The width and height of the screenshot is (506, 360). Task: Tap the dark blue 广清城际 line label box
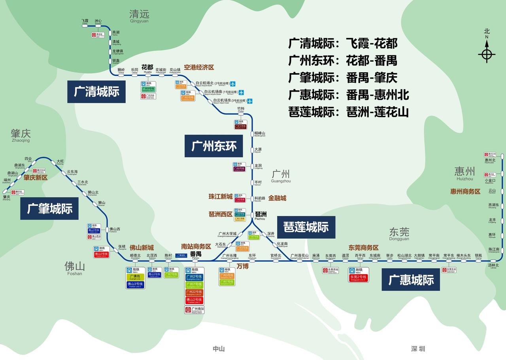[x=96, y=92]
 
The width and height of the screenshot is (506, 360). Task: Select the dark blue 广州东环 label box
[x=214, y=146]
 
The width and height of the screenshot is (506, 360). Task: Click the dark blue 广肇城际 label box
[x=49, y=208]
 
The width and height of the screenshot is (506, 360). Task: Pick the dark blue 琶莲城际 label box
[x=306, y=227]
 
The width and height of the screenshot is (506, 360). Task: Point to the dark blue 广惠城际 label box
[x=411, y=279]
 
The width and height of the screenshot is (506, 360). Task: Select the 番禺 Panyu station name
[x=196, y=254]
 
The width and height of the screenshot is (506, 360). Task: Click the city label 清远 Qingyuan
[x=139, y=15]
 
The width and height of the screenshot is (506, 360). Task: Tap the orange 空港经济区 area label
[x=199, y=68]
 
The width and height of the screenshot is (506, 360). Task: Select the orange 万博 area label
[x=242, y=266]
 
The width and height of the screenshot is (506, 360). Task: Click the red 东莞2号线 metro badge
[x=358, y=277]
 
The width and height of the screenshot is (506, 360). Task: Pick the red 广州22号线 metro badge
[x=194, y=293]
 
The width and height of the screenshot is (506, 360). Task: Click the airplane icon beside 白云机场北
[x=233, y=84]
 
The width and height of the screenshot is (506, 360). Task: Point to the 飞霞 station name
[x=85, y=21]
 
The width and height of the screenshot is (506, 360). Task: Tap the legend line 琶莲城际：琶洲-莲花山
[x=348, y=112]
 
